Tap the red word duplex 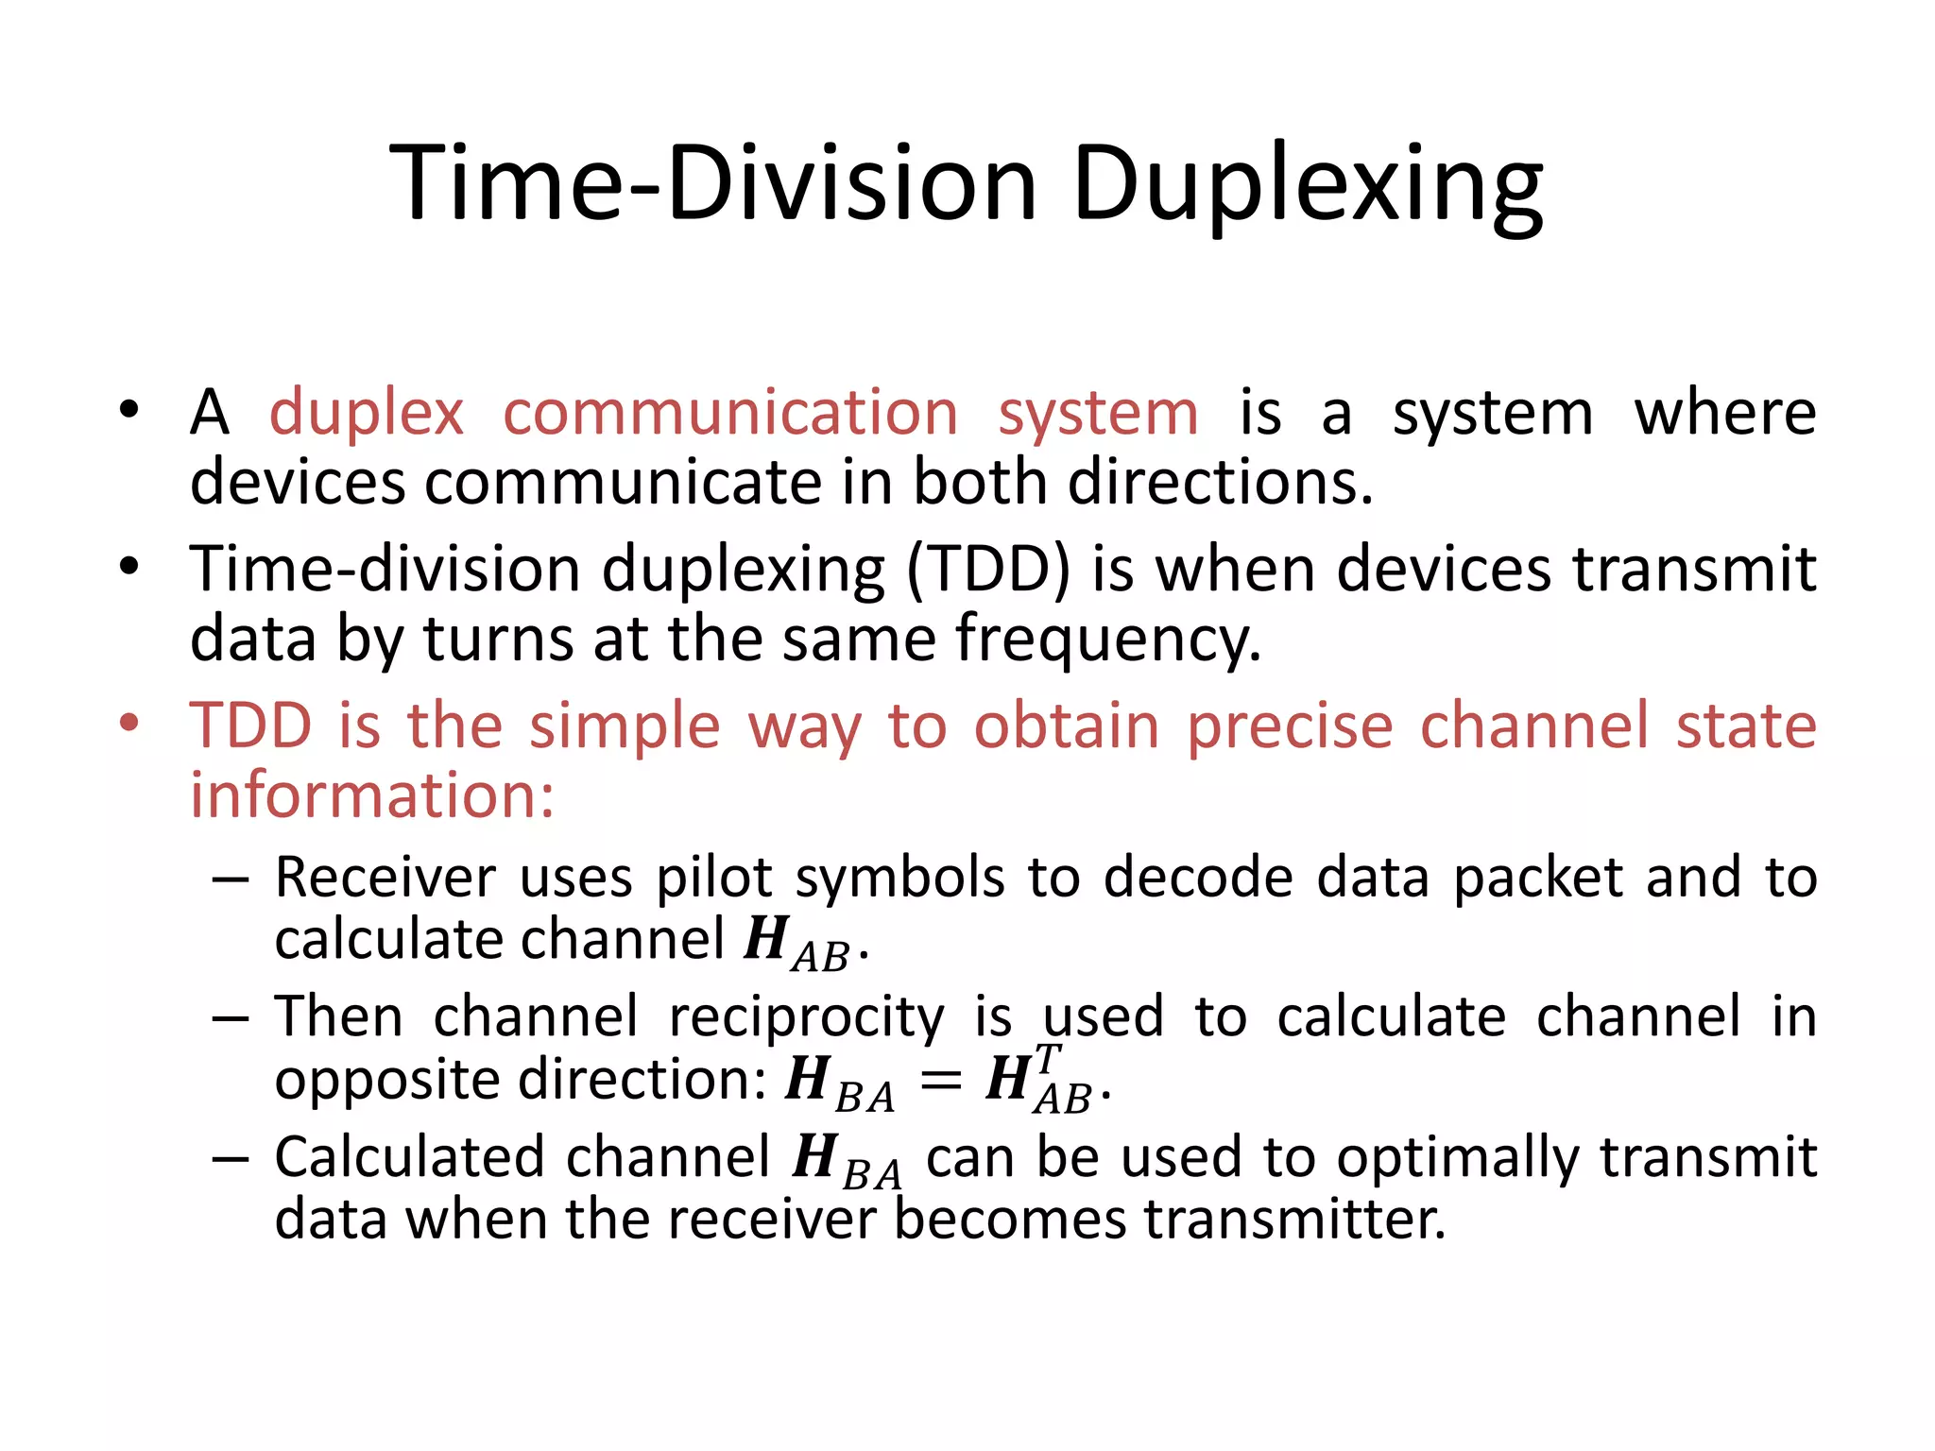(367, 413)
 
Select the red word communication (730, 413)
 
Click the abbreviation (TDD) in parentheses (988, 570)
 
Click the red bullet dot (129, 725)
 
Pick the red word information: (372, 795)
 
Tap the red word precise (1290, 726)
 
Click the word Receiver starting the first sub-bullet (385, 878)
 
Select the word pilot (714, 878)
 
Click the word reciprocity (806, 1017)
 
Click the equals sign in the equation (940, 1081)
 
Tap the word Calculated (409, 1157)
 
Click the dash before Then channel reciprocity (231, 1018)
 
